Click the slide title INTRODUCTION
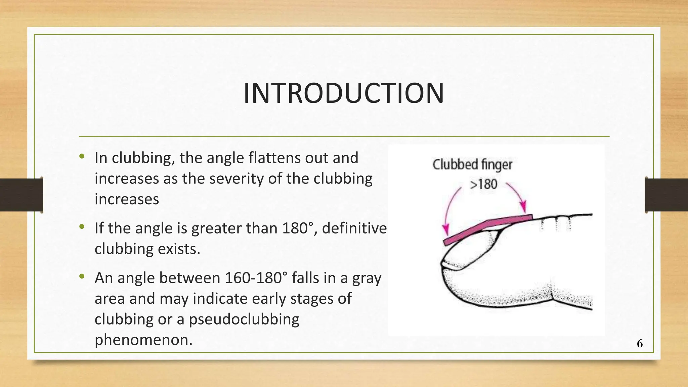click(344, 93)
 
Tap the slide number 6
click(640, 343)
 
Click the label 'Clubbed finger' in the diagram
click(472, 165)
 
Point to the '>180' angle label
click(483, 184)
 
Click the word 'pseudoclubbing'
click(244, 319)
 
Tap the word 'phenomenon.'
click(143, 340)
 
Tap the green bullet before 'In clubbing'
click(82, 156)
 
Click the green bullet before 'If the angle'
click(82, 227)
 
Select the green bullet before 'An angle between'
click(82, 276)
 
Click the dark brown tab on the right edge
click(666, 195)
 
